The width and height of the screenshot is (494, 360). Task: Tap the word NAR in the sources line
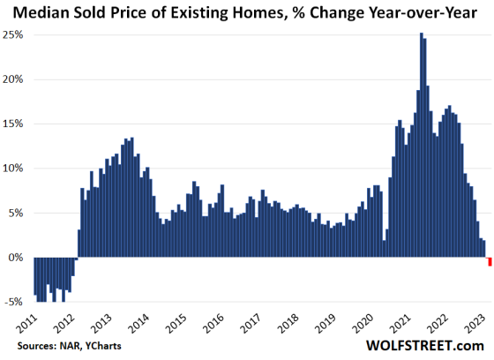[63, 346]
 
